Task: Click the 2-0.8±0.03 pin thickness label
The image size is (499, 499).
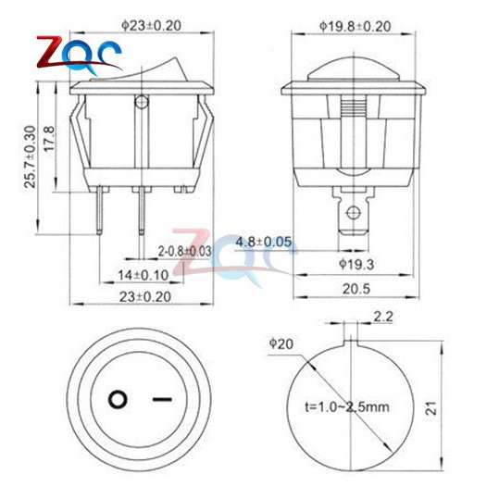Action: point(184,251)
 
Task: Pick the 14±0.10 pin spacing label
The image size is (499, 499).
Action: point(143,273)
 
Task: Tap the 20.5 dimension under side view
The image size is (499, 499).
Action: point(355,289)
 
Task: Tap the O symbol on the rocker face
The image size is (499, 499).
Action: point(118,401)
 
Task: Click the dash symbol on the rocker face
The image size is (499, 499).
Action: point(162,401)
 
